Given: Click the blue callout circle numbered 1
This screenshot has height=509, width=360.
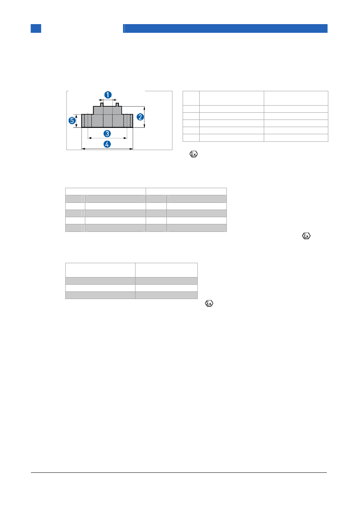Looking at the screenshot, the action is [108, 95].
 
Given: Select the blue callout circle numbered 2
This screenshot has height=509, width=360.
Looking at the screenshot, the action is [140, 117].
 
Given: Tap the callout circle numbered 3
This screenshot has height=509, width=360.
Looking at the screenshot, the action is [107, 133].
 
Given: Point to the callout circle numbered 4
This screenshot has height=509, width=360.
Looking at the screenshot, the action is [107, 144].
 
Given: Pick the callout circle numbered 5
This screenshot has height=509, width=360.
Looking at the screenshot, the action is [72, 120].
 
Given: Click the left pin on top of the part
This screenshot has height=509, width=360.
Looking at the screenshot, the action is [102, 104].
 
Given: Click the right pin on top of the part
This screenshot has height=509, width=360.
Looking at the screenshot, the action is [117, 104].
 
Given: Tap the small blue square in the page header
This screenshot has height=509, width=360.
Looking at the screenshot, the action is [36, 28].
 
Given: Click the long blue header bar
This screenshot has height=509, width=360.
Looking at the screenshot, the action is [225, 28].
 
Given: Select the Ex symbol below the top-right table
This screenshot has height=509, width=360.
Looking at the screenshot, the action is [194, 154].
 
